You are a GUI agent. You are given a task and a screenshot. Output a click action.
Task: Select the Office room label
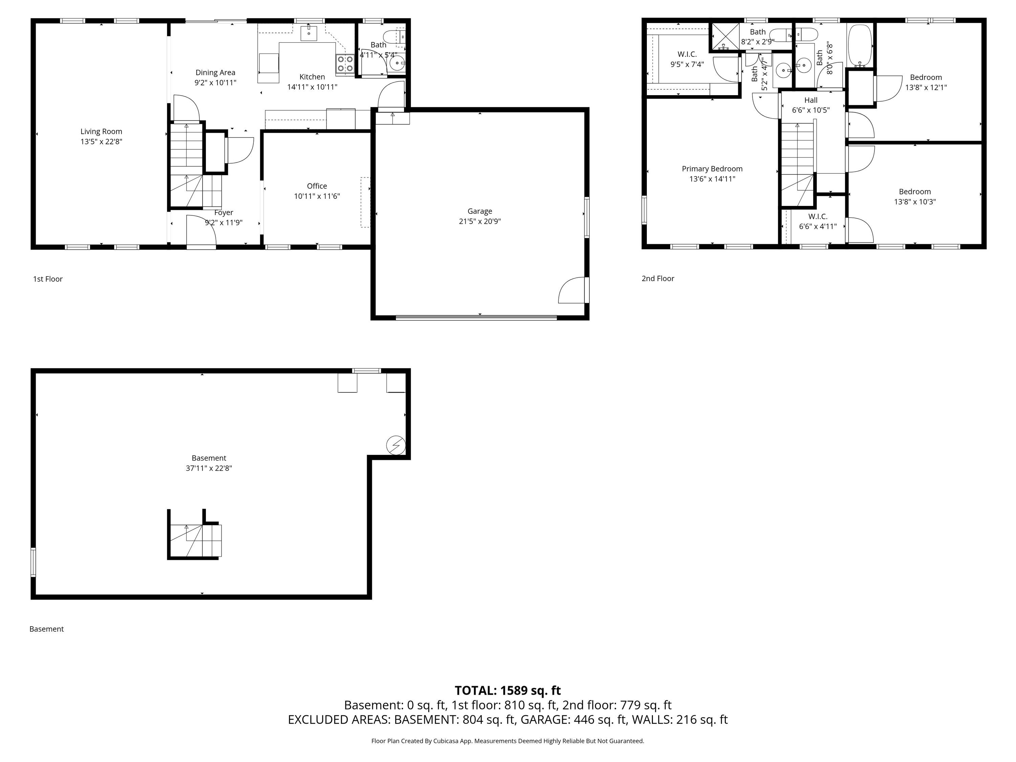317,186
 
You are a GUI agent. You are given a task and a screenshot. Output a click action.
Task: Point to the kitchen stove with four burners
345,64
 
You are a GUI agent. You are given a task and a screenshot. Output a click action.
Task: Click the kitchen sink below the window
309,34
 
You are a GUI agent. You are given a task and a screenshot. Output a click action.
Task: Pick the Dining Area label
215,72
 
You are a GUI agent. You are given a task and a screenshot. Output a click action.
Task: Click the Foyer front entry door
201,232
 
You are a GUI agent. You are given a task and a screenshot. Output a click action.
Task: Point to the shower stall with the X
725,37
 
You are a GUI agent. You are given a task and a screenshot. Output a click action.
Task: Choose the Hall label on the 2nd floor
811,100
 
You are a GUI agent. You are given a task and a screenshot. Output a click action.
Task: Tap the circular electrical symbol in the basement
396,445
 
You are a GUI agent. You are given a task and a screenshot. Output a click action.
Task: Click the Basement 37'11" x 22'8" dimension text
209,468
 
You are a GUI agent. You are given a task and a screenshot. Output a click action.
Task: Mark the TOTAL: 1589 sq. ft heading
508,690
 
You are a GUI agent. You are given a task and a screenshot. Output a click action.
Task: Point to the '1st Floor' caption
48,279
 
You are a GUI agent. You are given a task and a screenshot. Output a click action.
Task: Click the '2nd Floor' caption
658,278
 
